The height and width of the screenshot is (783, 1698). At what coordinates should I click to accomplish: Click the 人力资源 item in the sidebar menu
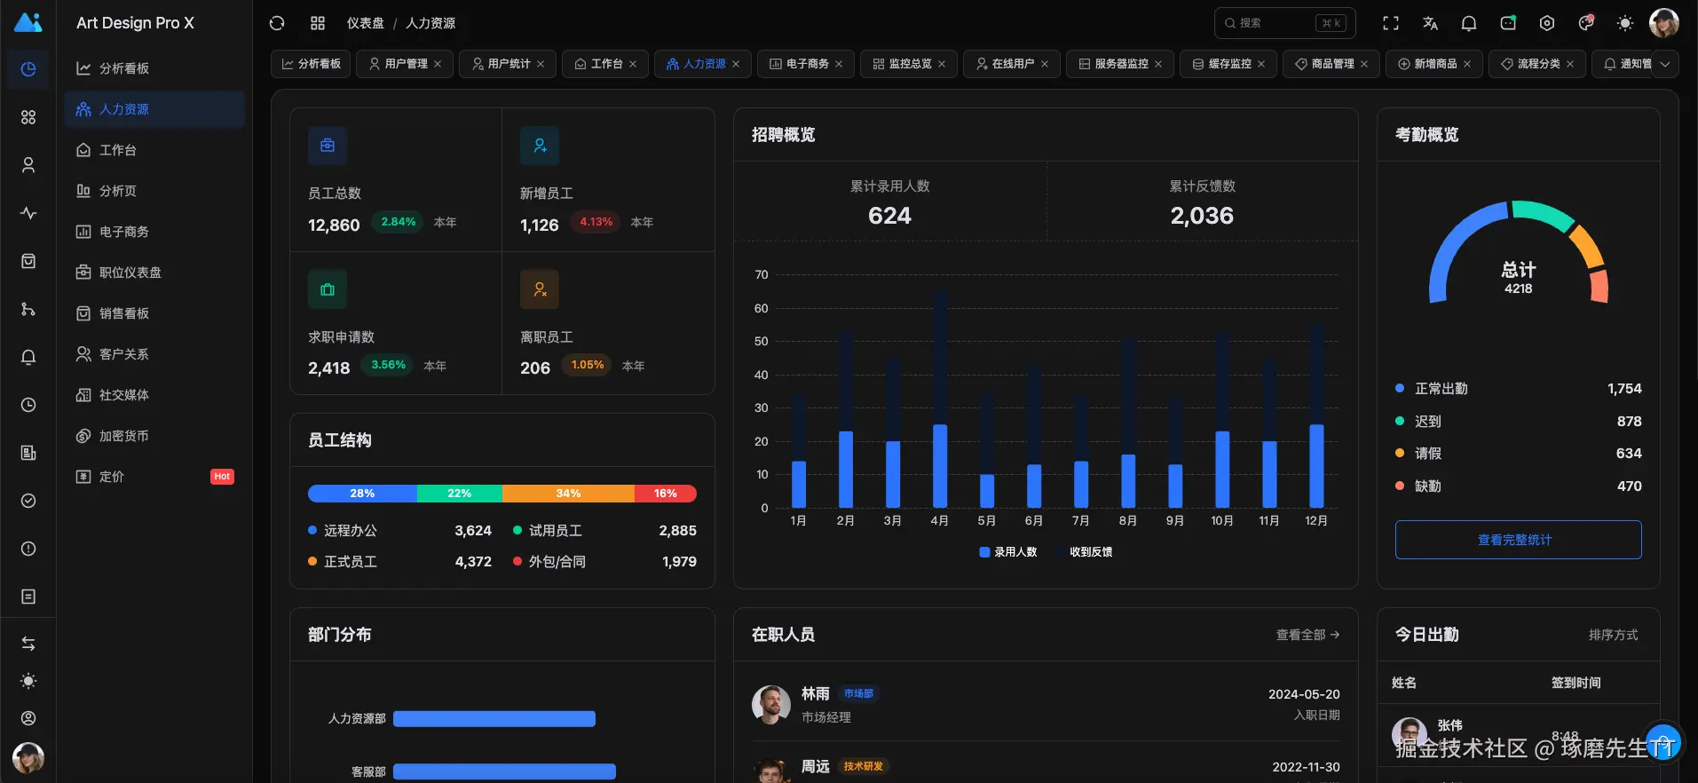(x=124, y=109)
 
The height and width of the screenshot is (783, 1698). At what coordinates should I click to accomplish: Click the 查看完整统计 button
(x=1518, y=540)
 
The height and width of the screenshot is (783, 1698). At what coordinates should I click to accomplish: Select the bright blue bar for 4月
(x=940, y=466)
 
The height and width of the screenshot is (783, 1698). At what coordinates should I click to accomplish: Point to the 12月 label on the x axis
(x=1316, y=521)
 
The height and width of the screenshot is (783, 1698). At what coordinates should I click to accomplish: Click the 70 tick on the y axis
(x=761, y=275)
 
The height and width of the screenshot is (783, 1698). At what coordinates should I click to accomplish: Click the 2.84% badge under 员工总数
(x=399, y=222)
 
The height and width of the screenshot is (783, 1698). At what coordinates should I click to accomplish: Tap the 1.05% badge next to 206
(x=588, y=365)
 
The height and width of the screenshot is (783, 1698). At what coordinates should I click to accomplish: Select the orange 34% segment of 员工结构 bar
(x=568, y=494)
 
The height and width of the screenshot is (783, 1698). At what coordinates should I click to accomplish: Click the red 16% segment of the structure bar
(x=666, y=494)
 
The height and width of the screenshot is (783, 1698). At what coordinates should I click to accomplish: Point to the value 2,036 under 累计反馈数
(x=1202, y=216)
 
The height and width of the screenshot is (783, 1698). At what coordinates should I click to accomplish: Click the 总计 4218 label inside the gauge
(x=1518, y=277)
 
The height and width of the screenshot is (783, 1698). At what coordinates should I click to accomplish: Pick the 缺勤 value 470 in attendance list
(x=1629, y=486)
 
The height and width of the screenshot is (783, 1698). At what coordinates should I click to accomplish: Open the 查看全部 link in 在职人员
(x=1307, y=635)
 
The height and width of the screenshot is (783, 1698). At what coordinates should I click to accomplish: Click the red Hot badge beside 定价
(x=222, y=477)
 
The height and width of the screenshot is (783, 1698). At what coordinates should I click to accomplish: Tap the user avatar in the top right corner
(x=1663, y=23)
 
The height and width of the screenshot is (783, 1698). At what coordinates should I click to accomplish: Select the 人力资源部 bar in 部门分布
(x=494, y=719)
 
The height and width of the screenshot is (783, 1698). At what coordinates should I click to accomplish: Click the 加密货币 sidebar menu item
(x=124, y=436)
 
